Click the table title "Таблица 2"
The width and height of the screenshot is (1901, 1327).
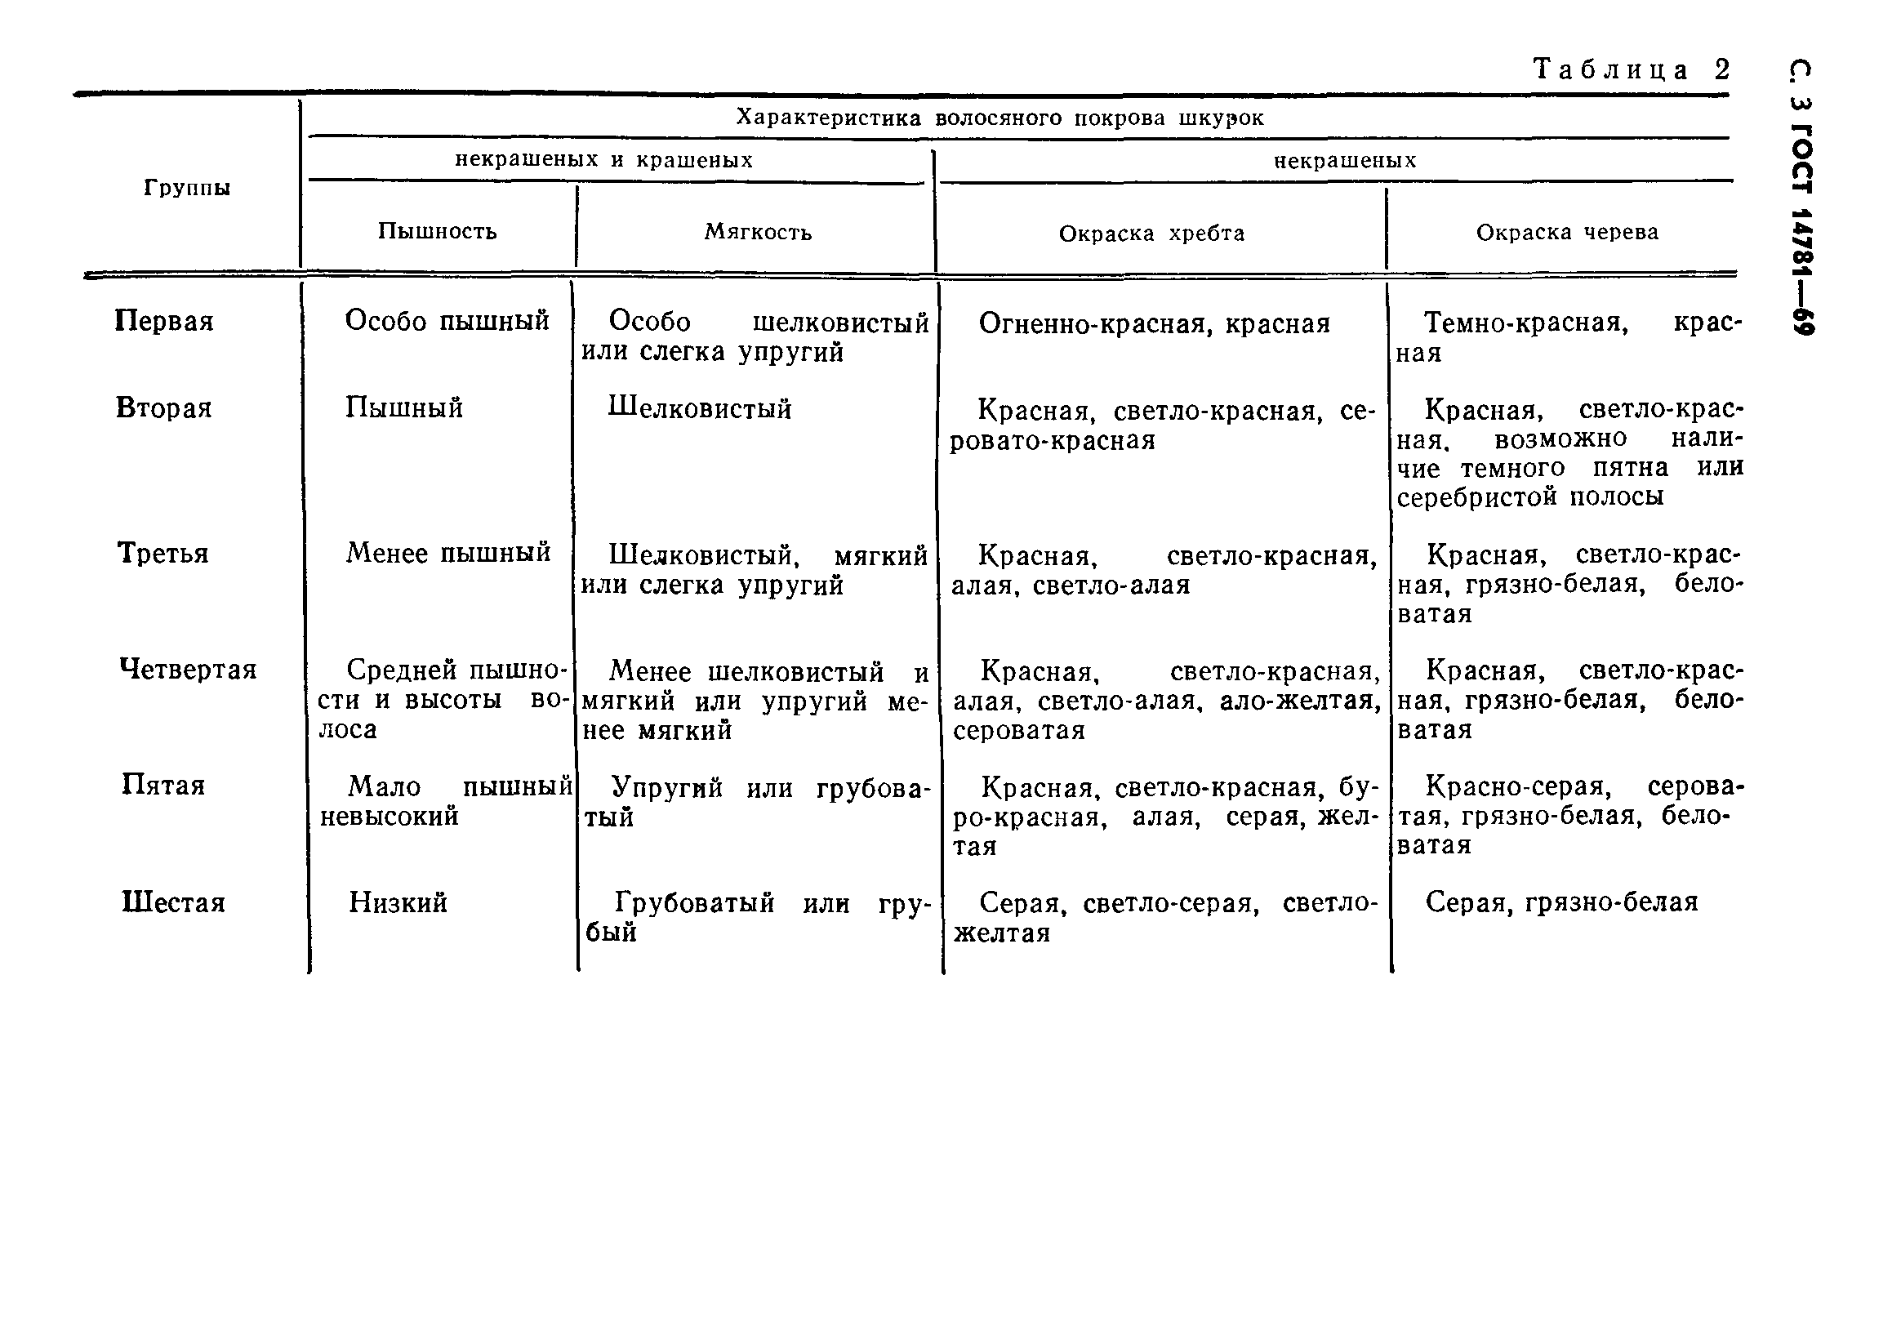[x=1631, y=69]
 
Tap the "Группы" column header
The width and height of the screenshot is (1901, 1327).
[x=187, y=188]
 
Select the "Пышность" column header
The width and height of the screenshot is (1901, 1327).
[x=437, y=231]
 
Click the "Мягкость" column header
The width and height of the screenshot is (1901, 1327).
[x=758, y=232]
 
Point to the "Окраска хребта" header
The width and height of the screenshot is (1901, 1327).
[x=1151, y=234]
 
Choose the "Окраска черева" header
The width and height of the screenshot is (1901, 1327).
[x=1567, y=233]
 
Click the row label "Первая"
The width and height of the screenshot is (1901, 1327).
[x=164, y=321]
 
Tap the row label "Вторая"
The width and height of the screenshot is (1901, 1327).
[x=164, y=408]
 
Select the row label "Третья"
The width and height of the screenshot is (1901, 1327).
[x=163, y=553]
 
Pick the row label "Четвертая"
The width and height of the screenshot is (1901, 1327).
[x=188, y=669]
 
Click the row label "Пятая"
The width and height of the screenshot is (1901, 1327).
[x=163, y=785]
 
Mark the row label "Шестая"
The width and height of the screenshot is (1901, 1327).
[x=173, y=902]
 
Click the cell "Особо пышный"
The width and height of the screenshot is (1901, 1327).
[x=447, y=320]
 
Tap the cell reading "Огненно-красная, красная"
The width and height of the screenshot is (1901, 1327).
[x=1154, y=323]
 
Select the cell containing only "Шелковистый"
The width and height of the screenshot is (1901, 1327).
[x=700, y=408]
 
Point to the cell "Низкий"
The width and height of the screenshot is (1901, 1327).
[x=398, y=902]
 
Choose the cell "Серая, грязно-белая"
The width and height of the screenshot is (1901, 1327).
[x=1561, y=902]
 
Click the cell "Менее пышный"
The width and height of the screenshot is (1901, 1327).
[x=448, y=552]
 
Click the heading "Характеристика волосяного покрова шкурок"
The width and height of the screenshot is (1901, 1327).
[x=1000, y=118]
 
